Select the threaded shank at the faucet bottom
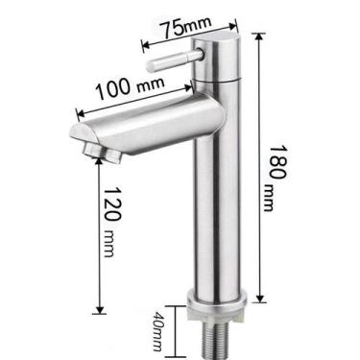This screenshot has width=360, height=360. tap(224, 336)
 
